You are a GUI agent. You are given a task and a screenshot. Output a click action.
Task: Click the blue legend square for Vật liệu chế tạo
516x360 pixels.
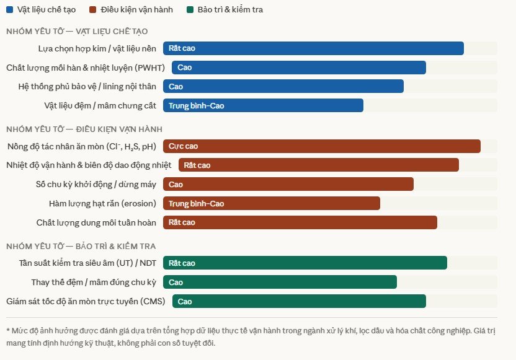pos(9,10)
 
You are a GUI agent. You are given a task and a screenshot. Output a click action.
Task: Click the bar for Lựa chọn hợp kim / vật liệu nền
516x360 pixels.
pos(313,48)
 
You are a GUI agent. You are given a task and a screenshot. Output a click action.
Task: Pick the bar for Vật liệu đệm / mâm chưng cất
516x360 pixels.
pos(263,106)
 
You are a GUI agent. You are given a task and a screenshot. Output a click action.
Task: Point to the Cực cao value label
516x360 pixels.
pos(183,146)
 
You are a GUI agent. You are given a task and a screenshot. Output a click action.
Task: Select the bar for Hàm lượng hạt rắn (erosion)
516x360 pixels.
pos(272,203)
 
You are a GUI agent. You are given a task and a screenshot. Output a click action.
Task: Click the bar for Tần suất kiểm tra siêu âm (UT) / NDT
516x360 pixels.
pos(305,263)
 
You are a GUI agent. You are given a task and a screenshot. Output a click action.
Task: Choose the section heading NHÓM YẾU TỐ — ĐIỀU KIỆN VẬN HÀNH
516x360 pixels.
pos(84,129)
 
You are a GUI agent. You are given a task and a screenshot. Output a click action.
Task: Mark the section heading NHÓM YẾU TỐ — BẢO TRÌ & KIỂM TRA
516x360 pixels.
pos(81,246)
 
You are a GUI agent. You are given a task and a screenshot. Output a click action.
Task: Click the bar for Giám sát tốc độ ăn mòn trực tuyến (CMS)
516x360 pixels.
pos(299,302)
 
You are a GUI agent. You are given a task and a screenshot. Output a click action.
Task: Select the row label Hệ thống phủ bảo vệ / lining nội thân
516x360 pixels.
pos(87,87)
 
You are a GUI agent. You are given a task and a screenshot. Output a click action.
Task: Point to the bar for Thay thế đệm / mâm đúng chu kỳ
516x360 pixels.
pos(280,283)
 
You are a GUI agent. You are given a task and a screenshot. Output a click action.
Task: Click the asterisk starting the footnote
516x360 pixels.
pos(8,330)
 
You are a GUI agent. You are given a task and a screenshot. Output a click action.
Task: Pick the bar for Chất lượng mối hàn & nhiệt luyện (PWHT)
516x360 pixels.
pos(299,68)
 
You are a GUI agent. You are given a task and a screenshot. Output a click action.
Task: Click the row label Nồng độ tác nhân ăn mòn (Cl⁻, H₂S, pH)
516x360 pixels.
pos(81,147)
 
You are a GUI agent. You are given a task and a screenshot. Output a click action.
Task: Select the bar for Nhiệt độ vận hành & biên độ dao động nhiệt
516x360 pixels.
pos(319,165)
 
